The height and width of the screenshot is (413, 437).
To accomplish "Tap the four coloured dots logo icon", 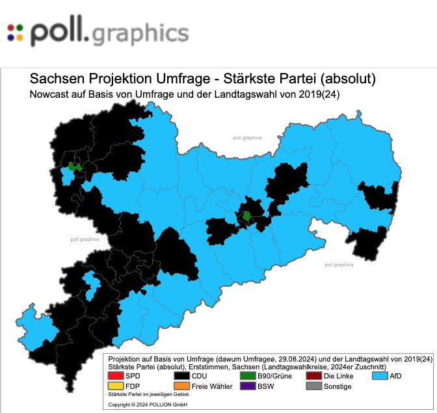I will click(15, 32).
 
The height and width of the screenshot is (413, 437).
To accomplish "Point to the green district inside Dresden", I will click(247, 215).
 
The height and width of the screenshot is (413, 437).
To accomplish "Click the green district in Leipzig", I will click(73, 167).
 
